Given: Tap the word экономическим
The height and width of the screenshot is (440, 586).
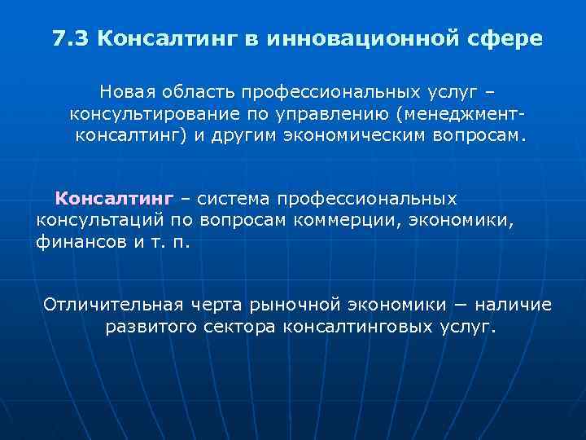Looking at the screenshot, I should [x=348, y=134].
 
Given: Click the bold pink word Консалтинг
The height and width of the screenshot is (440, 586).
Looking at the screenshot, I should [x=114, y=198].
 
